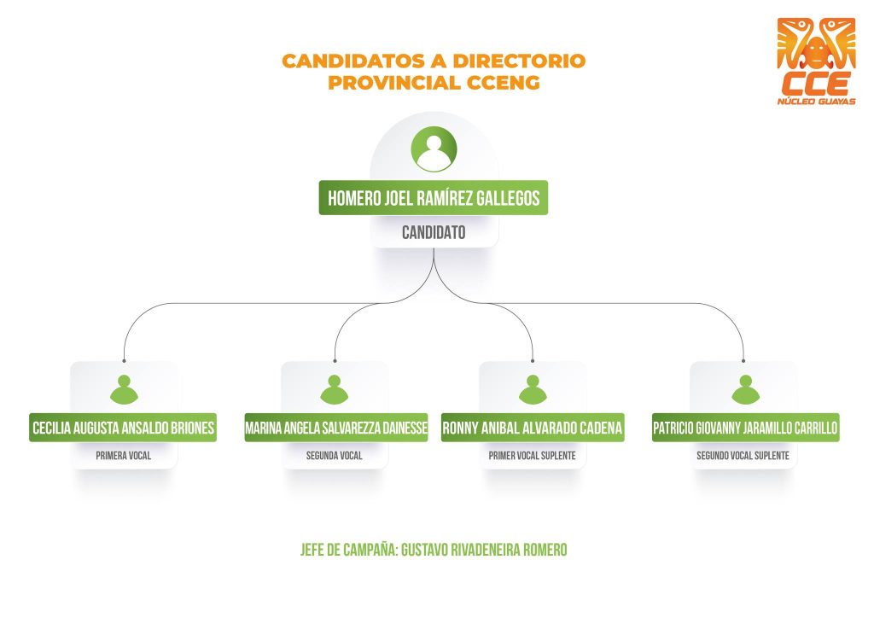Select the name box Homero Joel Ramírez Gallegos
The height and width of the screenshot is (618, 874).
point(434,198)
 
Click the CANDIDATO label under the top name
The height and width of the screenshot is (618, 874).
point(434,231)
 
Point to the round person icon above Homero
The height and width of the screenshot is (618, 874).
point(434,149)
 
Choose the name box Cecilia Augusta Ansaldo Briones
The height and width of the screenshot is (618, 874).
point(123,428)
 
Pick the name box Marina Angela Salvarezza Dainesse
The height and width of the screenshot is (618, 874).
point(335,428)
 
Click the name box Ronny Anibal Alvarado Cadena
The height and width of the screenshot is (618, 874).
point(533,428)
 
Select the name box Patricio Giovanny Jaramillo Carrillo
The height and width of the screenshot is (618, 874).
point(745,428)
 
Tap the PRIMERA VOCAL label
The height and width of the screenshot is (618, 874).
point(123,456)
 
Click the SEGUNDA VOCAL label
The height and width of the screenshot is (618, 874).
point(335,456)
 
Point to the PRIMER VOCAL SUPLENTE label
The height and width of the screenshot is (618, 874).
point(532,456)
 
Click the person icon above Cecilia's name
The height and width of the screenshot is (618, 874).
point(124,389)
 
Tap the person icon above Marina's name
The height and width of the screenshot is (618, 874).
point(335,389)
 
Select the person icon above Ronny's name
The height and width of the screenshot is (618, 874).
point(533,389)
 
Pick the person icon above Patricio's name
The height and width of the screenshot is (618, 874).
point(743,389)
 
